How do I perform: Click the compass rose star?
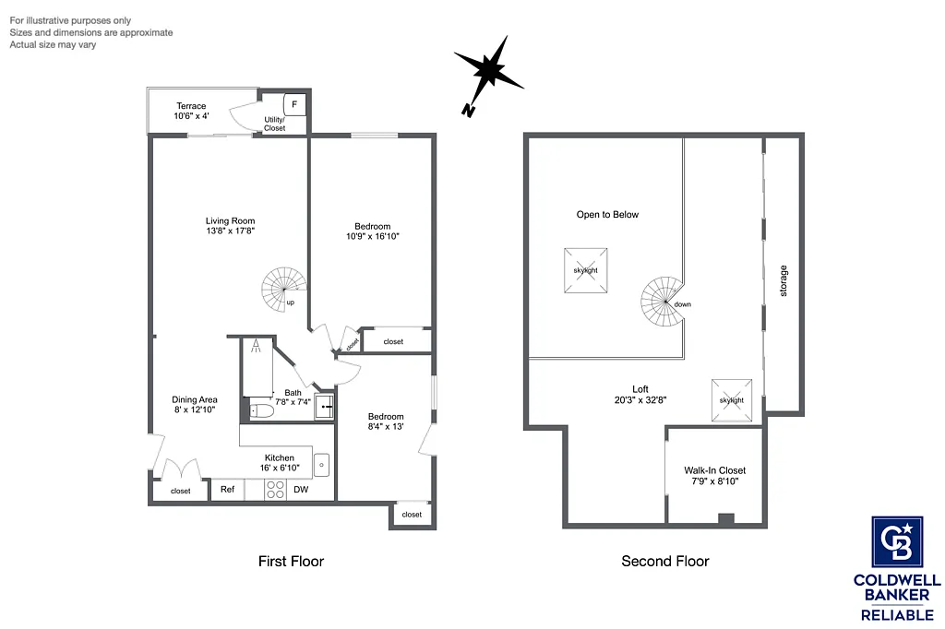click(x=489, y=71)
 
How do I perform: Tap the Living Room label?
click(x=230, y=226)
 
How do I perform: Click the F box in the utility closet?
click(x=296, y=105)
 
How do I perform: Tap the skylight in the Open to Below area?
click(x=585, y=270)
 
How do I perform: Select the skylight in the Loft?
click(x=731, y=400)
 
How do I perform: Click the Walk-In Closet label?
click(x=715, y=476)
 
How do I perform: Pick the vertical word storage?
click(x=784, y=280)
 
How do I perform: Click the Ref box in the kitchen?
click(x=227, y=490)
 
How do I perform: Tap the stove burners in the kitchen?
click(x=275, y=490)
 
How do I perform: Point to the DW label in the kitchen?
click(x=301, y=490)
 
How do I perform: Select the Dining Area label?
click(x=196, y=404)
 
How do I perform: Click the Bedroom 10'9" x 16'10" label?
click(x=372, y=231)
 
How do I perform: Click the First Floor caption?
click(x=291, y=561)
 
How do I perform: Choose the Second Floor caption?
click(x=664, y=561)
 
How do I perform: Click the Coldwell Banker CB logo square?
click(x=897, y=542)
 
